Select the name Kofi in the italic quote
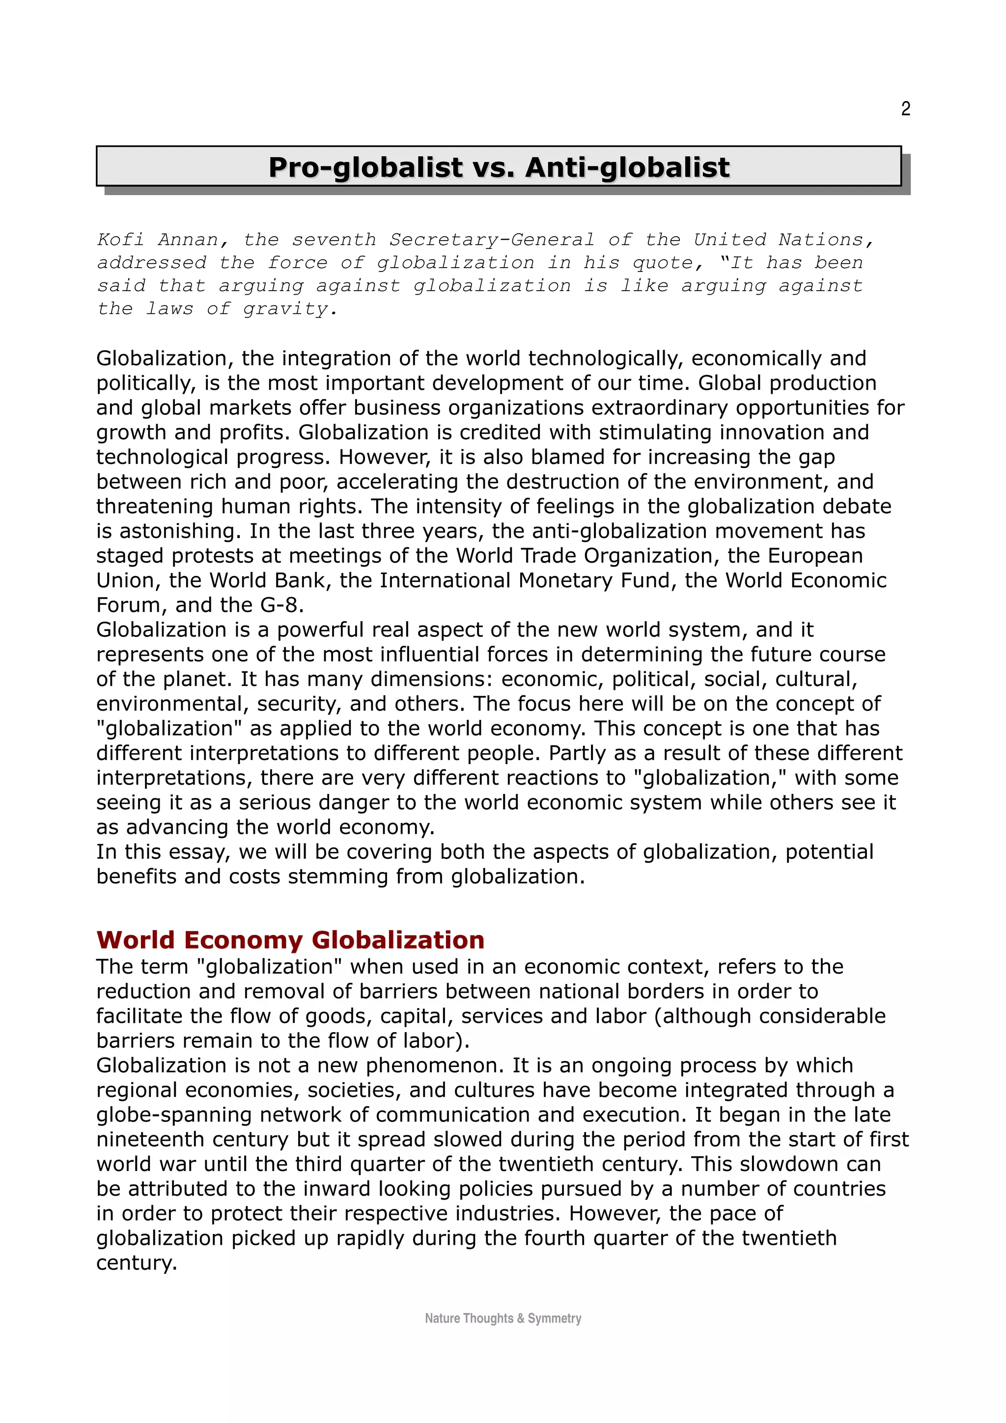pyautogui.click(x=121, y=239)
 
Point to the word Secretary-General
pyautogui.click(x=492, y=239)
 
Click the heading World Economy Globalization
pyautogui.click(x=290, y=940)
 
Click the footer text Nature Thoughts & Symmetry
pyautogui.click(x=503, y=1318)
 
